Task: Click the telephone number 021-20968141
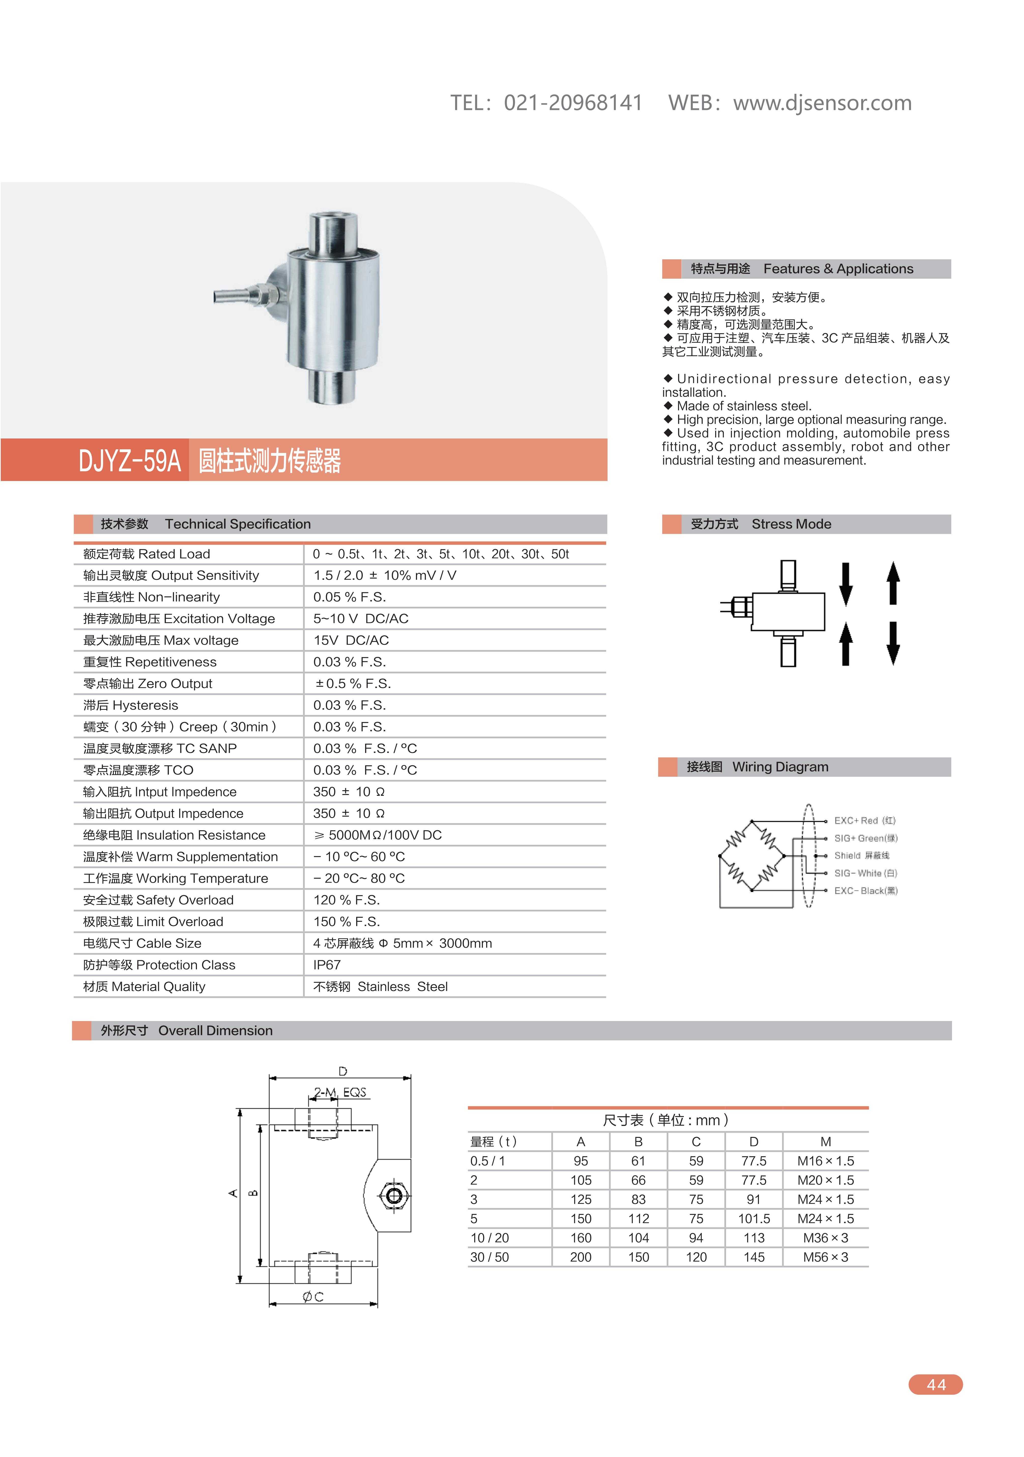click(573, 103)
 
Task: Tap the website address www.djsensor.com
click(822, 103)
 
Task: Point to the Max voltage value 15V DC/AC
click(351, 640)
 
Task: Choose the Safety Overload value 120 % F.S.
click(347, 900)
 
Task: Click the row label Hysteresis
click(131, 705)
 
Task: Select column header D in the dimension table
click(754, 1142)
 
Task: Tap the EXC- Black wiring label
click(866, 891)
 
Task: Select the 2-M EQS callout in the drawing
click(340, 1092)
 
